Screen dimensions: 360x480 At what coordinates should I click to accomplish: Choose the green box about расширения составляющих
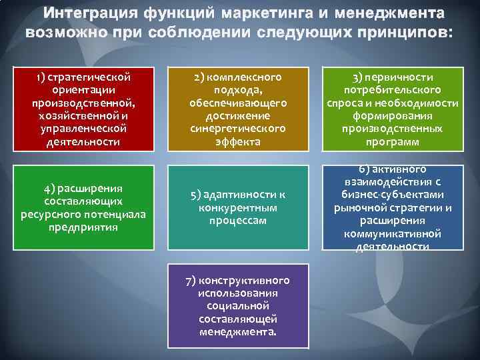(83, 207)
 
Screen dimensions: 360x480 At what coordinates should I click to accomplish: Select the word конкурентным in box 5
(238, 207)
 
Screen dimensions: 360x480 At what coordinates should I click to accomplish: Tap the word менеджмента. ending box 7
(238, 331)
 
